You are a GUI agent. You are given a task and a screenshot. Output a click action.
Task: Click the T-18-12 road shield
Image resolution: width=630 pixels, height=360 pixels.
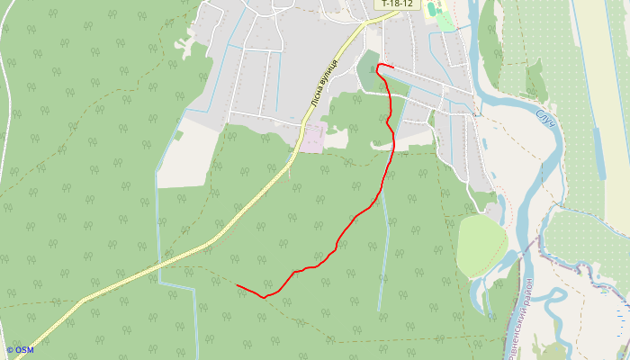(397, 4)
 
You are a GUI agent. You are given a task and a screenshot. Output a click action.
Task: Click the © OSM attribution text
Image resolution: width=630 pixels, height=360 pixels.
(20, 350)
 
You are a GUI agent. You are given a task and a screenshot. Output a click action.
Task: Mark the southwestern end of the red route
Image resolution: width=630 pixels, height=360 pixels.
(237, 285)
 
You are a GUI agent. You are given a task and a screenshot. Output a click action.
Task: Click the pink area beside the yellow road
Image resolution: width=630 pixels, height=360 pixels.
(312, 138)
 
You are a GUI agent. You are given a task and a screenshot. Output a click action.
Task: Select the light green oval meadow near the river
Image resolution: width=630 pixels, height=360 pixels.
(481, 245)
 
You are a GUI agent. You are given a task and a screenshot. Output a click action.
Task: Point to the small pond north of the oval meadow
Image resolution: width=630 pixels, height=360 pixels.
(492, 209)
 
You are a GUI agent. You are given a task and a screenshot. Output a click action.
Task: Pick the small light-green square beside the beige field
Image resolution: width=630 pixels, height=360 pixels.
(178, 135)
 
